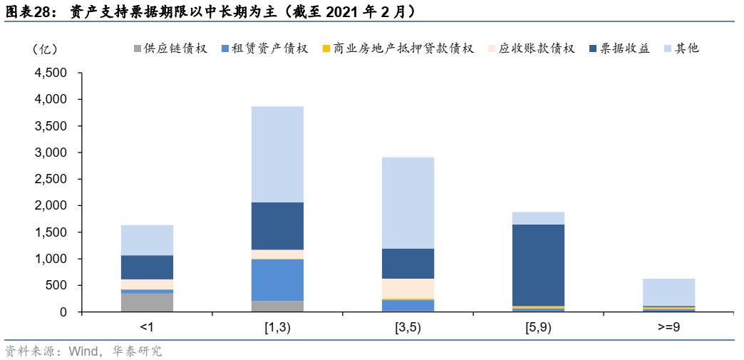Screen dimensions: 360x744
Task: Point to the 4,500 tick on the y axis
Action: click(49, 73)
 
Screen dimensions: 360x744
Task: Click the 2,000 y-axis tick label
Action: click(49, 205)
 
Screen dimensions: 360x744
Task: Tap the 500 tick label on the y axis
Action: click(56, 285)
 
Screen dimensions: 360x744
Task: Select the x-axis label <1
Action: click(147, 328)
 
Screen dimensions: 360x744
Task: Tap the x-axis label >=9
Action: click(668, 328)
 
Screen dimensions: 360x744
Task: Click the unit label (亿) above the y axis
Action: click(45, 48)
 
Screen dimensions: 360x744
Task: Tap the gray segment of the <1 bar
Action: click(147, 302)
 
